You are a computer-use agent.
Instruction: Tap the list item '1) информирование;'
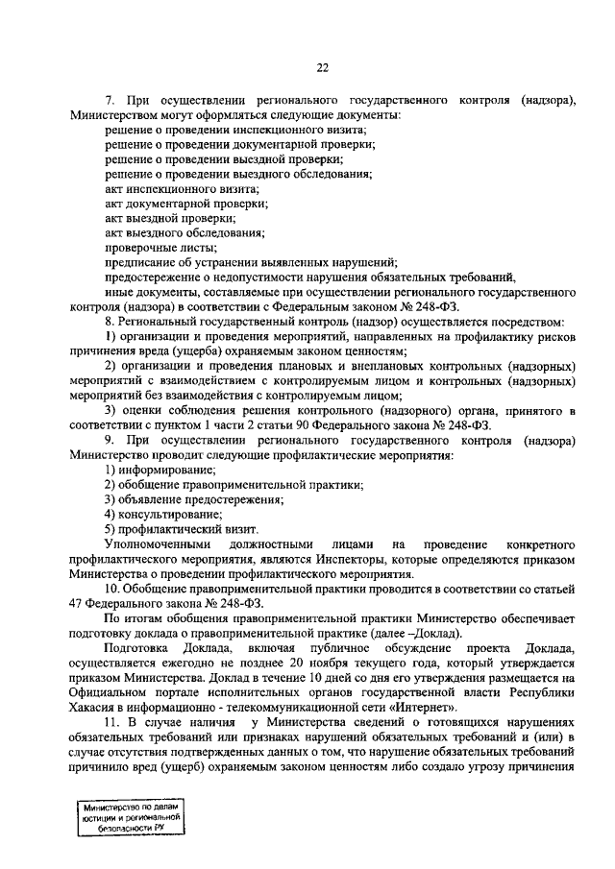click(x=160, y=470)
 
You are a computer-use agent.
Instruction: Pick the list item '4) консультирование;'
click(x=162, y=514)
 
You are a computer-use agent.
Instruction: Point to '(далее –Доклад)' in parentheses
click(x=415, y=633)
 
